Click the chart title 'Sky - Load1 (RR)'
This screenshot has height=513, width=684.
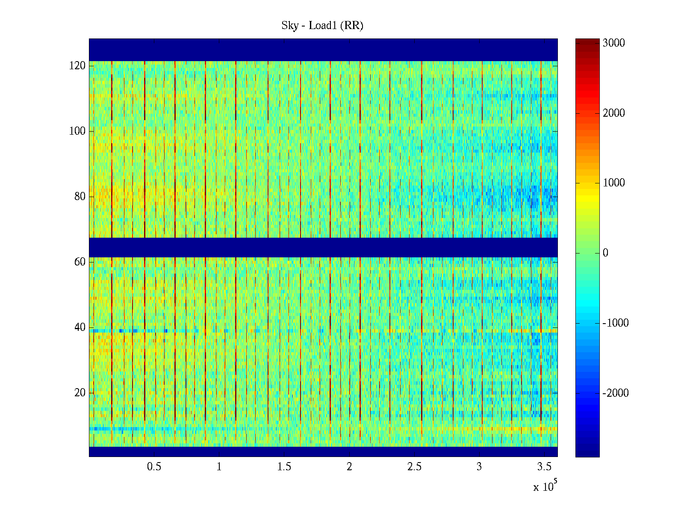pyautogui.click(x=322, y=26)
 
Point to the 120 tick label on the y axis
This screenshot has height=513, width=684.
pyautogui.click(x=77, y=66)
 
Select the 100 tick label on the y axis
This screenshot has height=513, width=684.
pyautogui.click(x=77, y=131)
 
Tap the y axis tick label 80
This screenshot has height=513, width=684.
pyautogui.click(x=80, y=197)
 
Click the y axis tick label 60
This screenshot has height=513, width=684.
pyautogui.click(x=80, y=262)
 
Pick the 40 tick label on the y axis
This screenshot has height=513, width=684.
pyautogui.click(x=80, y=327)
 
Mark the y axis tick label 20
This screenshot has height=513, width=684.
pyautogui.click(x=80, y=393)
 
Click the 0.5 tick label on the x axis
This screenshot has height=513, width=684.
pyautogui.click(x=154, y=467)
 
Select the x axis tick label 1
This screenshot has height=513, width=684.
pyautogui.click(x=219, y=467)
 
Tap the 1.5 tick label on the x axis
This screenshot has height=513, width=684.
pyautogui.click(x=284, y=467)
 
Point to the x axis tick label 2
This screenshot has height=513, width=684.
pyautogui.click(x=349, y=467)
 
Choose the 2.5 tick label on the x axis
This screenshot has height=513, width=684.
pyautogui.click(x=414, y=467)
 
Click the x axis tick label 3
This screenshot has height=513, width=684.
pyautogui.click(x=479, y=467)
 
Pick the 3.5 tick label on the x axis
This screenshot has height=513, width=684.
pyautogui.click(x=544, y=467)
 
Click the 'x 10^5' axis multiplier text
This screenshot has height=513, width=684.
pyautogui.click(x=545, y=486)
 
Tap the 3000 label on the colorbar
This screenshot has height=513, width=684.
pyautogui.click(x=614, y=43)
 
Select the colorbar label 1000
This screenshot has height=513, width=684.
pyautogui.click(x=614, y=183)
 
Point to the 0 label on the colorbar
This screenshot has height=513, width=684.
pyautogui.click(x=605, y=253)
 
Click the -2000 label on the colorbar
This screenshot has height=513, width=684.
pyautogui.click(x=616, y=393)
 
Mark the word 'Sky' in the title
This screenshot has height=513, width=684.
pyautogui.click(x=290, y=26)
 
